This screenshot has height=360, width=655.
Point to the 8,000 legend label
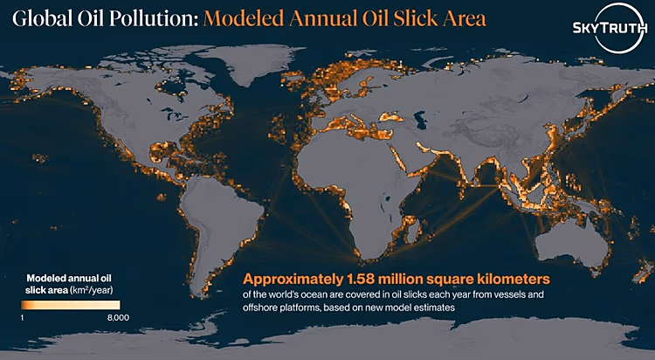click(x=118, y=318)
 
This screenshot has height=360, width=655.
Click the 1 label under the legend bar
click(x=22, y=318)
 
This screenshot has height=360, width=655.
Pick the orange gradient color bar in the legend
click(x=71, y=305)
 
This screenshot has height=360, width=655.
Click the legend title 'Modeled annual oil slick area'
click(x=69, y=284)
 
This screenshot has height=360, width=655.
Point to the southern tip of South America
click(x=203, y=296)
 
